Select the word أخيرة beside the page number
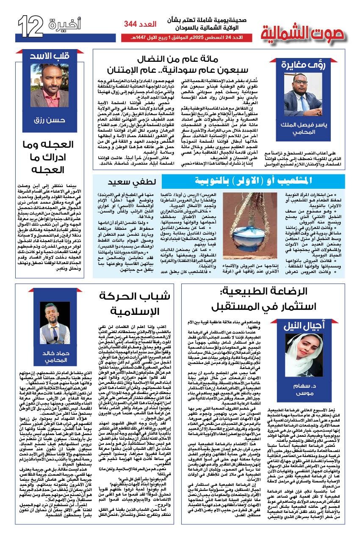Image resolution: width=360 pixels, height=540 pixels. point(64,25)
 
